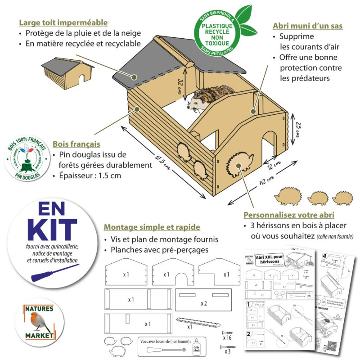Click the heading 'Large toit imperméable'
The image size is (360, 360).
pos(63,22)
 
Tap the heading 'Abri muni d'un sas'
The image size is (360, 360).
pos(308,26)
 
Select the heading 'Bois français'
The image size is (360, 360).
pos(76,144)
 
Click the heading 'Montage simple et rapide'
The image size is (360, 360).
pos(152,228)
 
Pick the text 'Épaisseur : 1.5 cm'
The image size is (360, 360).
pos(87,175)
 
